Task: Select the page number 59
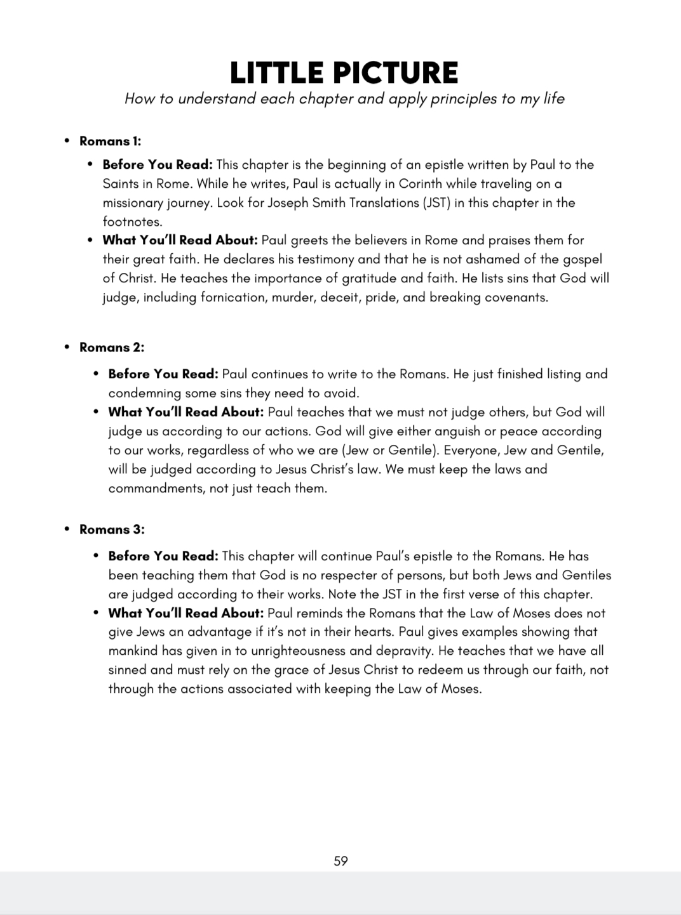340,861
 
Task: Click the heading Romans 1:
110,141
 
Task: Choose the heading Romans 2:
112,347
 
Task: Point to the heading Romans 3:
112,529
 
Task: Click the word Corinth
450,183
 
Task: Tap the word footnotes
132,221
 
